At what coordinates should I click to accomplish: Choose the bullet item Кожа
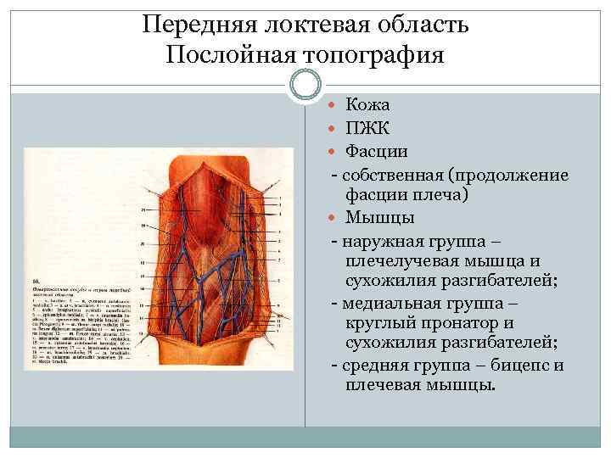(368, 106)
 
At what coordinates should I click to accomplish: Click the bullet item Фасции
(377, 152)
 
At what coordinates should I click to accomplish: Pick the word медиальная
(398, 303)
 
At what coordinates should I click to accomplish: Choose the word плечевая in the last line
(386, 386)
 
